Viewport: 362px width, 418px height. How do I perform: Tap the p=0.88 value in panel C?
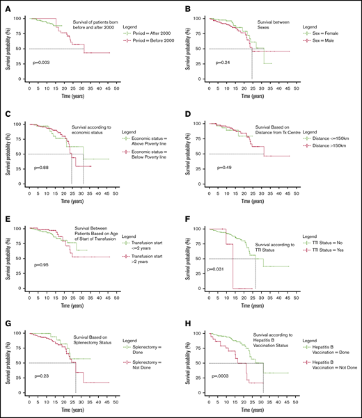coord(42,168)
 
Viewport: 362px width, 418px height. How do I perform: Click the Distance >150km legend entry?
coord(329,147)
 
